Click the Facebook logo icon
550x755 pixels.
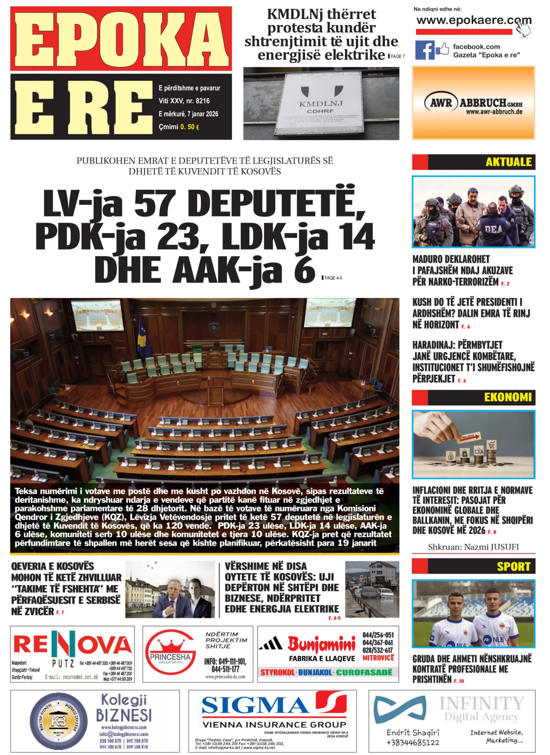pos(425,50)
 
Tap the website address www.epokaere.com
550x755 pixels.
pos(473,20)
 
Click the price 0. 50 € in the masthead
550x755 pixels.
pos(189,127)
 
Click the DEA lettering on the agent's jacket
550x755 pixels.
pos(493,229)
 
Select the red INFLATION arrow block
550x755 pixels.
pos(470,437)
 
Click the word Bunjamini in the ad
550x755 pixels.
pos(321,644)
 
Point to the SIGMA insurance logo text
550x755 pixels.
pos(255,705)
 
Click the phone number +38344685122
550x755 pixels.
pos(413,742)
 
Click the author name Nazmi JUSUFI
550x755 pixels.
pos(473,547)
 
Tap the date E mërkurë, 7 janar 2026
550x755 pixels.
pos(188,114)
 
